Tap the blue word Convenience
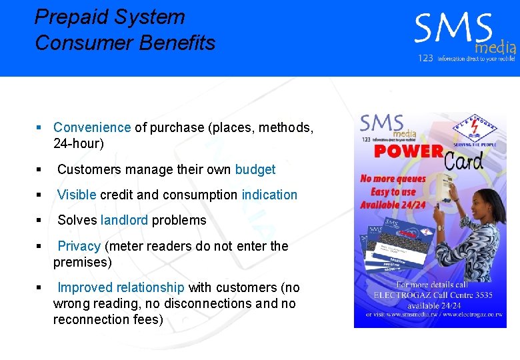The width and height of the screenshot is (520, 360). [92, 127]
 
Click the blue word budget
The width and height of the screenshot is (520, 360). [255, 169]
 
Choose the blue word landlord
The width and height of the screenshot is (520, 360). [124, 220]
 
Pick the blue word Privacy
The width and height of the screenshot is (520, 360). [79, 246]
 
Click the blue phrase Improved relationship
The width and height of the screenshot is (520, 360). [121, 287]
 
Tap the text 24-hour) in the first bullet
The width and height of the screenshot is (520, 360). [79, 143]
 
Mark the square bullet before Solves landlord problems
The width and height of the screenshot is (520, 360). [39, 221]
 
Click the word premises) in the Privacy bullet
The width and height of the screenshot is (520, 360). [83, 262]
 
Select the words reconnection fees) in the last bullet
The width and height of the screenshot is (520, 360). [108, 319]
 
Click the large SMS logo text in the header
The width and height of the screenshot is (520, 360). [453, 31]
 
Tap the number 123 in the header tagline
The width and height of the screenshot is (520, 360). [425, 59]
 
